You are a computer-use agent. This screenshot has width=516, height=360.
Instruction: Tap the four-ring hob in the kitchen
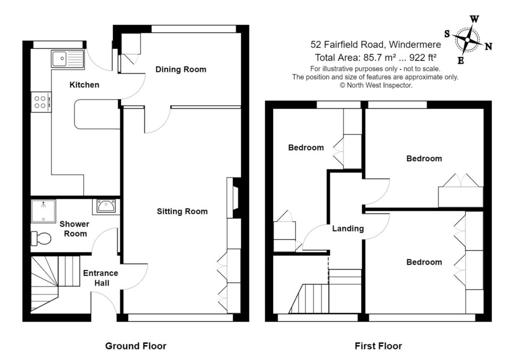40,102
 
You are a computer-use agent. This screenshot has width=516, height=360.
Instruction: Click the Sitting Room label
182,211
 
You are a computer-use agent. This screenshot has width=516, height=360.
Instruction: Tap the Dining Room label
180,69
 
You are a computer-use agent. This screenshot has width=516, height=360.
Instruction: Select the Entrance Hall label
100,278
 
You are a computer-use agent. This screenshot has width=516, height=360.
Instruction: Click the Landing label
348,228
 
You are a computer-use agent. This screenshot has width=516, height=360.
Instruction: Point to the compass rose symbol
468,39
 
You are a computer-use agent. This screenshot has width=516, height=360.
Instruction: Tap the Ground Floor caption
136,346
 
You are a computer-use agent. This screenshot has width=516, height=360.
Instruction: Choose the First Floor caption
378,346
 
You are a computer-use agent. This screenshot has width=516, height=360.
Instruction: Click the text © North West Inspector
375,85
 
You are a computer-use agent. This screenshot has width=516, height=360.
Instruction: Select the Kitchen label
84,85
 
